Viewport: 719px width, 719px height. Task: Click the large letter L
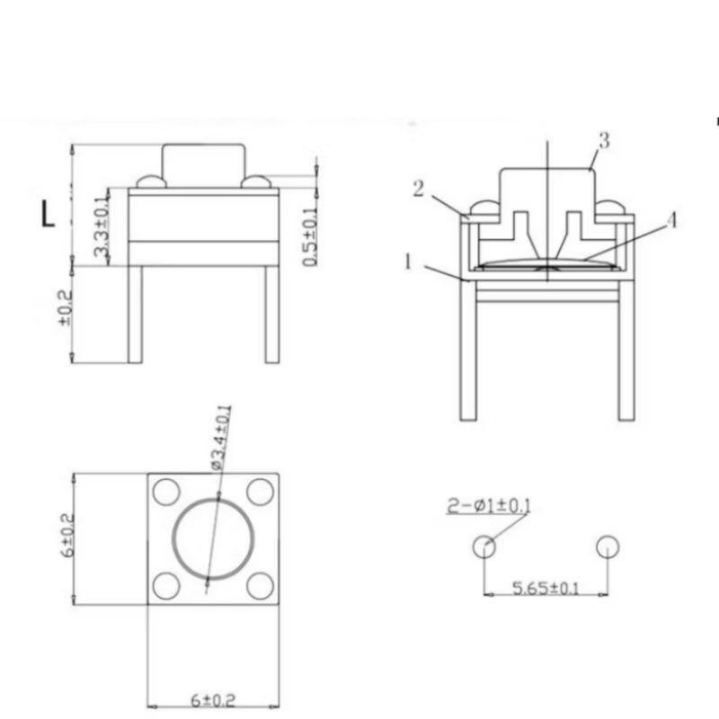coord(48,214)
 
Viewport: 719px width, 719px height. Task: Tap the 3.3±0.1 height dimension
coord(102,226)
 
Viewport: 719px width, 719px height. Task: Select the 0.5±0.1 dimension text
coord(310,237)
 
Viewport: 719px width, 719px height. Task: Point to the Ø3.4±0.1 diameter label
coord(222,438)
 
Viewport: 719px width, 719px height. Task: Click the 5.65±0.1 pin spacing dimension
coord(546,588)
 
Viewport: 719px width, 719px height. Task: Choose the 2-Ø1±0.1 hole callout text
coord(489,506)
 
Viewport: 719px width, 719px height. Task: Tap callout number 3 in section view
coord(604,140)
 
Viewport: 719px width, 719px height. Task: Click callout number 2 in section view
coord(418,189)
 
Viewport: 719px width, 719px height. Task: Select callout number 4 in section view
coord(670,220)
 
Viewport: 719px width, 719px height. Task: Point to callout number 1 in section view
coord(408,262)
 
